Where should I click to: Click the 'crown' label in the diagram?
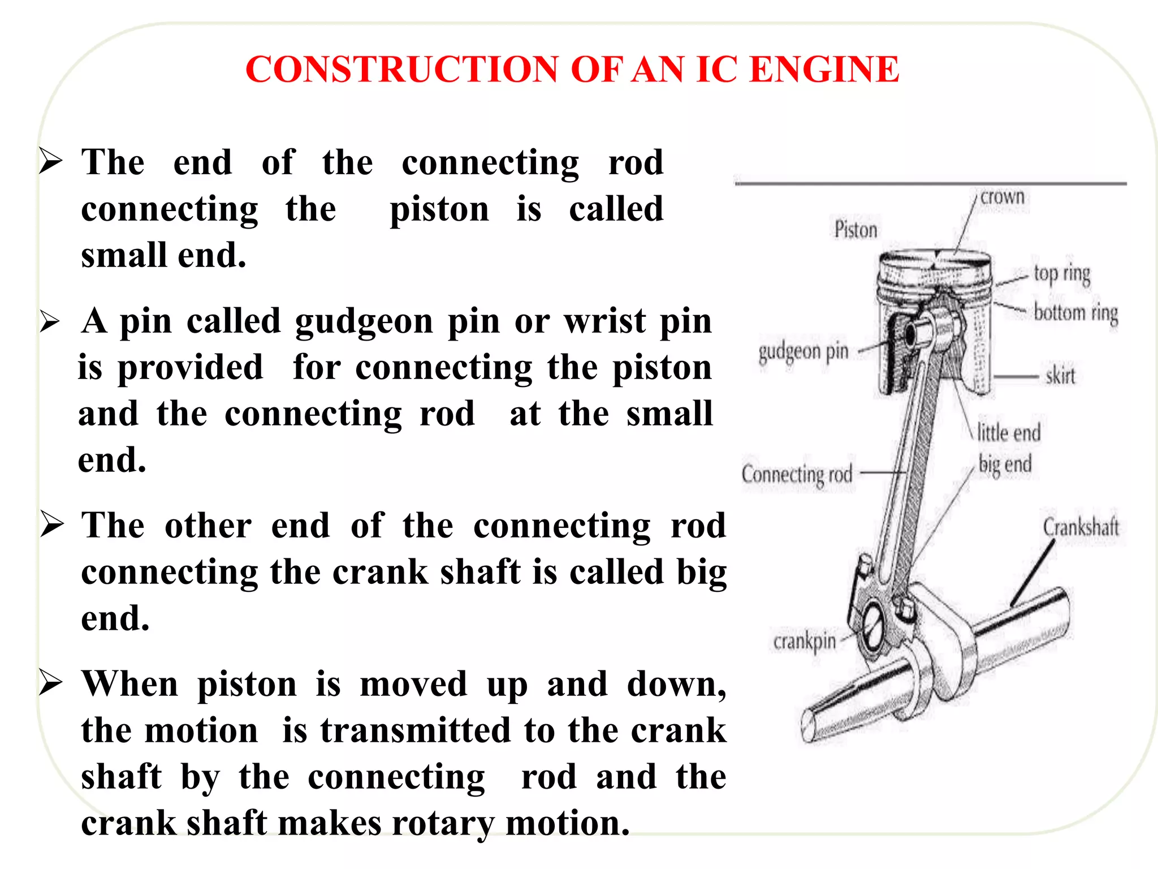point(1002,197)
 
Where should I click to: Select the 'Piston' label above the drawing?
point(855,230)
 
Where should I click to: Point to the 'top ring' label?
point(1061,273)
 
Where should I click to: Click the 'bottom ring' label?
point(1075,312)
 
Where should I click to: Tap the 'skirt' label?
point(1060,376)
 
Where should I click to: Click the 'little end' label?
point(1009,433)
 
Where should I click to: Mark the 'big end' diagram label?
point(1005,464)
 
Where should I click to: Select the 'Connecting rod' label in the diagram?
point(797,474)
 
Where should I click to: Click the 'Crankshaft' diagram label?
point(1081,527)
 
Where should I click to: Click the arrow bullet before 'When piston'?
point(51,682)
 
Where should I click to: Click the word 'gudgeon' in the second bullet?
point(364,321)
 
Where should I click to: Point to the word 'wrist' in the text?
point(604,321)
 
